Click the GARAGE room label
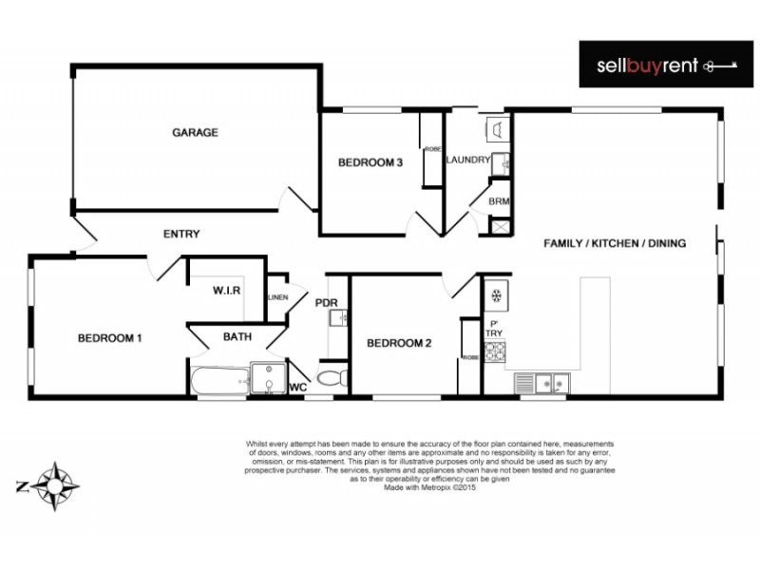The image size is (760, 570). tap(195, 133)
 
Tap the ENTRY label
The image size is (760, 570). tap(181, 235)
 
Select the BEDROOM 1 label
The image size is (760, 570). tap(109, 337)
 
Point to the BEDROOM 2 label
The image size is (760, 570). tap(399, 343)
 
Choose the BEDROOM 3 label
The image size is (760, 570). tap(371, 163)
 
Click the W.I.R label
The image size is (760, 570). tap(226, 291)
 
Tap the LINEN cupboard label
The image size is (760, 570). tap(277, 297)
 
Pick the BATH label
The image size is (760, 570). tap(237, 336)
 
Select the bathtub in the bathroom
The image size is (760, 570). tap(219, 382)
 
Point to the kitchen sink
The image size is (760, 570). tap(543, 383)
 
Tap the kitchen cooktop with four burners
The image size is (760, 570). tap(495, 352)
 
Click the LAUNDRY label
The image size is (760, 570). tap(467, 160)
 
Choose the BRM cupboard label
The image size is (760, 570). tap(499, 201)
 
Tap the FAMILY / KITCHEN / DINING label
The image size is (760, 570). tap(615, 243)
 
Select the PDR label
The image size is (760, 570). tap(327, 304)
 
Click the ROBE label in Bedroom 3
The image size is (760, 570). tap(433, 150)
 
